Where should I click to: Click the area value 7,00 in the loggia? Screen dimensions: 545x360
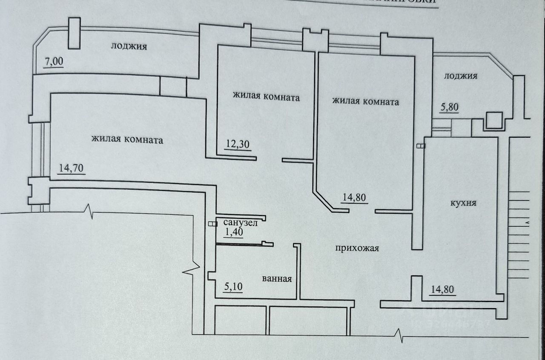[54, 62]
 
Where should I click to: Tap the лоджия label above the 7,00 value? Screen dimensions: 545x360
[129, 46]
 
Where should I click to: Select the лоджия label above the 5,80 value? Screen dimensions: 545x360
[461, 76]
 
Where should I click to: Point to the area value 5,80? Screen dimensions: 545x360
[449, 107]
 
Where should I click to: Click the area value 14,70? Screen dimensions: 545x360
[71, 169]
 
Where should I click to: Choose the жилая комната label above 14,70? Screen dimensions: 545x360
[127, 140]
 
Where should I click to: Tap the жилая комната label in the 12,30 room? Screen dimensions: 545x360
[266, 97]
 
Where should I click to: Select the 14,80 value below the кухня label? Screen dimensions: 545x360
[442, 291]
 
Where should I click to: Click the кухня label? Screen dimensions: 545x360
[463, 203]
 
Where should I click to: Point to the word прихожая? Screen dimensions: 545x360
[357, 249]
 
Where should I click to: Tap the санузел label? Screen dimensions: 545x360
[241, 223]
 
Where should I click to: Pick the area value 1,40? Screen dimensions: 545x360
[233, 233]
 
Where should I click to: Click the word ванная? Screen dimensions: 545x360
[277, 279]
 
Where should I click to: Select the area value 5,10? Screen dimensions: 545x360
[233, 287]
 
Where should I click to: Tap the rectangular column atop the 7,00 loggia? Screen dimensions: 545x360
[74, 34]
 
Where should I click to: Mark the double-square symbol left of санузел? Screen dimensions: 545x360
[212, 223]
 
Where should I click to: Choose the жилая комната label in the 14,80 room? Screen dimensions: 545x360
[365, 102]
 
